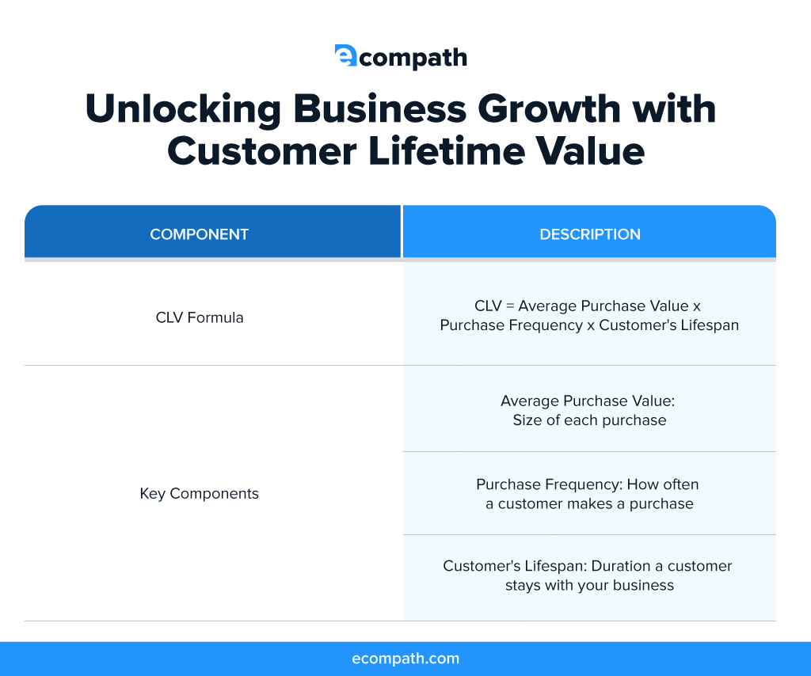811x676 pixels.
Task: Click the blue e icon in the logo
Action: [x=346, y=55]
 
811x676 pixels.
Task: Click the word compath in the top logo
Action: [x=413, y=58]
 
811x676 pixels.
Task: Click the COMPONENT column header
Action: [x=200, y=234]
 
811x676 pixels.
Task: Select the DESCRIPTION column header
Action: [x=590, y=234]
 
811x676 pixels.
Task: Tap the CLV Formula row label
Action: [x=200, y=317]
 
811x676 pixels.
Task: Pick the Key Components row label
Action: [x=200, y=493]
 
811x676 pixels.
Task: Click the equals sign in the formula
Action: [x=511, y=306]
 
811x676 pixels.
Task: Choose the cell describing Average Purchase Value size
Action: [x=589, y=410]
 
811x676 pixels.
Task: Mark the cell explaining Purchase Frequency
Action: [x=589, y=493]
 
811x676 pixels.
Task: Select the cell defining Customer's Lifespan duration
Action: [x=589, y=575]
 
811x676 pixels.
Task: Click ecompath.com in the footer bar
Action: [x=405, y=659]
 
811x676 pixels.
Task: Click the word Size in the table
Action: [x=527, y=420]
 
